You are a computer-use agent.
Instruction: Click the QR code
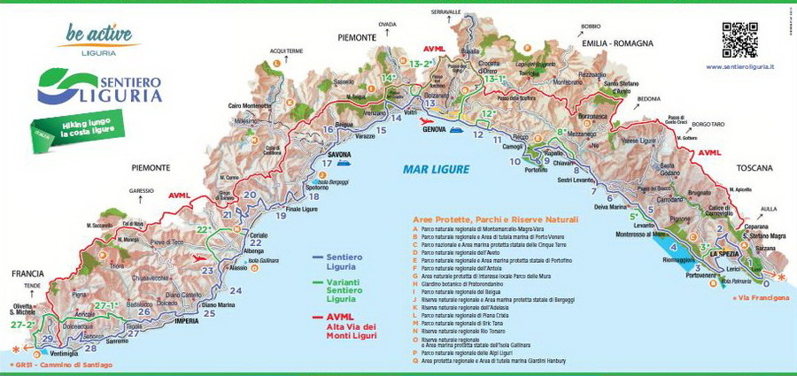740,39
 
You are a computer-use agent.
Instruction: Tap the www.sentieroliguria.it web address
740,66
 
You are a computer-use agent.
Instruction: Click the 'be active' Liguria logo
97,37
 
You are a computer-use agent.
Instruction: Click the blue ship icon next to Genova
457,129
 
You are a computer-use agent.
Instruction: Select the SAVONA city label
339,154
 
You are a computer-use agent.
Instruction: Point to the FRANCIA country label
28,274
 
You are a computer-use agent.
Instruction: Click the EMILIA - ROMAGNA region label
617,42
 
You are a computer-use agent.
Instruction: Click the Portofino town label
536,169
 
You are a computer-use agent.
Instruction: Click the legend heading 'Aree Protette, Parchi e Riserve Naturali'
495,219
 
